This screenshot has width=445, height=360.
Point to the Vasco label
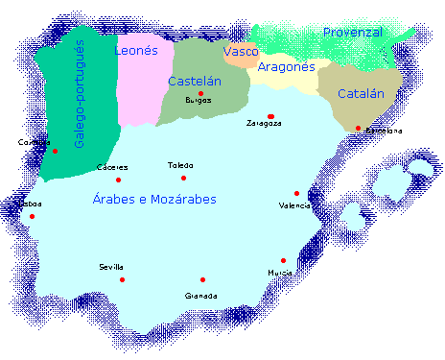239,50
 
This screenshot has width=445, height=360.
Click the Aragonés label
286,67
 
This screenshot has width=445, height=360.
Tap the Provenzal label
352,33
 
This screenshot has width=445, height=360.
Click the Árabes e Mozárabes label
154,199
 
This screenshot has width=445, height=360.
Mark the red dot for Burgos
201,94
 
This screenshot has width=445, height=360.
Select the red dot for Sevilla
123,279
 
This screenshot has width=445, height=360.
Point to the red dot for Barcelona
358,129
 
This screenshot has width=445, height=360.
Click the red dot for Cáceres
119,180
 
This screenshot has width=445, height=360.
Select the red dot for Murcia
283,260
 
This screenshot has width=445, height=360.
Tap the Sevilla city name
111,267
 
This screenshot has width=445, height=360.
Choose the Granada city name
201,296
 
